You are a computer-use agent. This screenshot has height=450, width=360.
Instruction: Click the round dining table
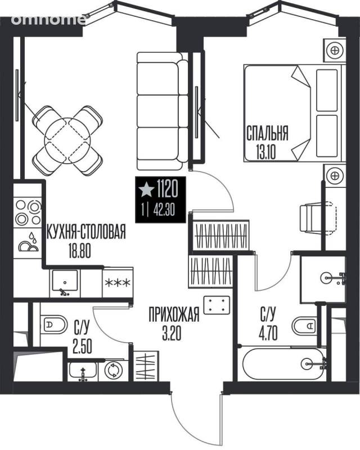[x=67, y=140]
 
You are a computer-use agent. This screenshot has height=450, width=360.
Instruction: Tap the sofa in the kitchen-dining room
[x=162, y=111]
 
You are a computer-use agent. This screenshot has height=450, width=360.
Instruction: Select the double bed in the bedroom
[x=293, y=113]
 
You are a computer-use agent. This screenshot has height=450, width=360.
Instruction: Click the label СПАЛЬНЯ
[x=267, y=134]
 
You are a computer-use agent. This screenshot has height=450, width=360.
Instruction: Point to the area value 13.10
[x=266, y=152]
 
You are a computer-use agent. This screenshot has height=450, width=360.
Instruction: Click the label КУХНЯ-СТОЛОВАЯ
[x=86, y=231]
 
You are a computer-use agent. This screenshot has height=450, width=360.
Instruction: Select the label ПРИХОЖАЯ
[x=174, y=314]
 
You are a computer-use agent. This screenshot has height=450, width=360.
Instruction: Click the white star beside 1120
[x=146, y=189]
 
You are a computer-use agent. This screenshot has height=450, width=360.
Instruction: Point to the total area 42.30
[x=164, y=211]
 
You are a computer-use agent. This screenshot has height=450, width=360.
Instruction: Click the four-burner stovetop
[x=28, y=212]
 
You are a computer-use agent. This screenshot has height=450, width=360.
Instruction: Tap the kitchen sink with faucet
[x=65, y=283]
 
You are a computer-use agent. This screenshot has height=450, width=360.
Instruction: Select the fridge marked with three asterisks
[x=118, y=282]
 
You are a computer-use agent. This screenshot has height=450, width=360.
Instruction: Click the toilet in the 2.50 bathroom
[x=53, y=325]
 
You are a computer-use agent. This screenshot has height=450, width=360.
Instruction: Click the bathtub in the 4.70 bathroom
[x=284, y=364]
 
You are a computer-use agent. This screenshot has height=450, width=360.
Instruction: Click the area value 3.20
[x=172, y=334]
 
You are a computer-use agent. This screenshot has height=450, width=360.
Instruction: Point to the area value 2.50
[x=82, y=347]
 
